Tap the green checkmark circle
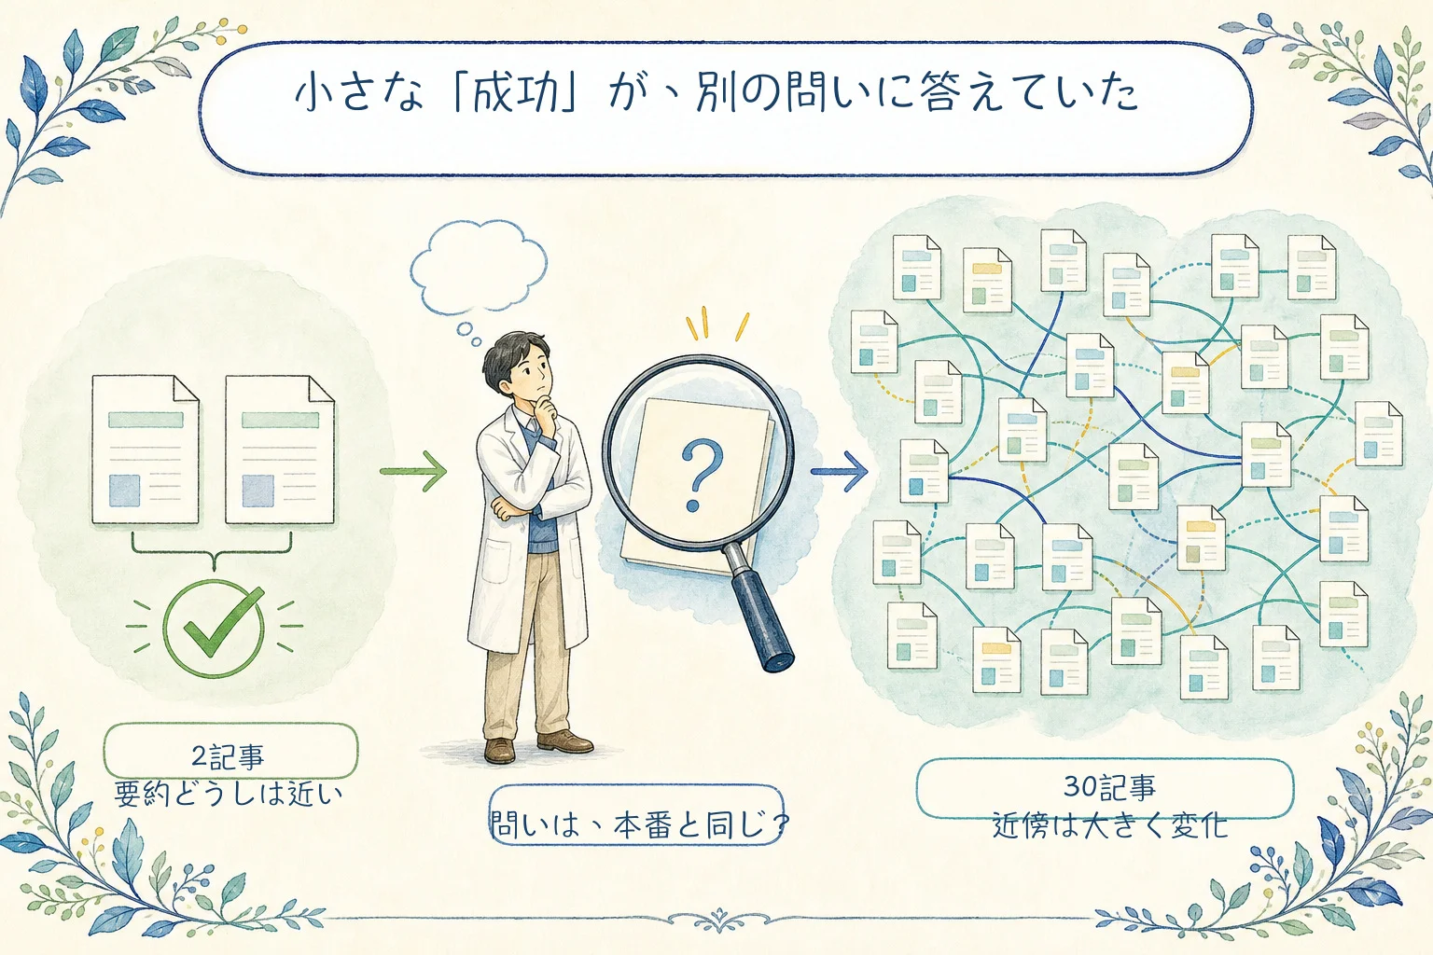click(214, 629)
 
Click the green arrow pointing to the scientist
click(413, 471)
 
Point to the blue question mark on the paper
click(701, 474)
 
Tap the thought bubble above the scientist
click(479, 268)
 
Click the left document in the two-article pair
click(146, 450)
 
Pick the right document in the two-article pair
click(280, 450)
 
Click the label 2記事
click(228, 757)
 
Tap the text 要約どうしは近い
click(229, 795)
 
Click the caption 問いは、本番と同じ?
click(637, 824)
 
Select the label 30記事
click(1110, 787)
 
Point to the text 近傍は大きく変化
click(1110, 825)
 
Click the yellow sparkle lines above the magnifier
click(717, 325)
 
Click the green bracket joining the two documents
click(212, 551)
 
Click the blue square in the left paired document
click(124, 491)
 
